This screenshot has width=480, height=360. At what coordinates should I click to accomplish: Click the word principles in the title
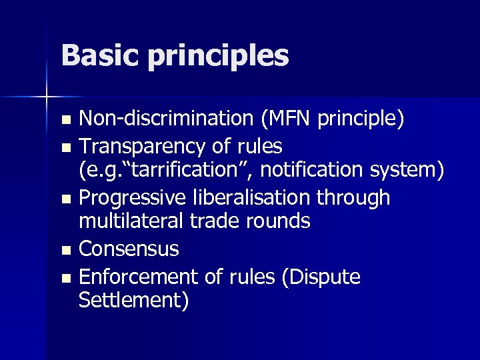[x=218, y=57]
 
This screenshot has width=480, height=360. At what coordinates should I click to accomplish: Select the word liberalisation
[x=257, y=197]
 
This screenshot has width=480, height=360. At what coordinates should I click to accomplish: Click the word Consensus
[x=129, y=249]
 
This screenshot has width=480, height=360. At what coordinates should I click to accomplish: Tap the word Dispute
[x=324, y=276]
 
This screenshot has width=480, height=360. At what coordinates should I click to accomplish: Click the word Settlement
[x=133, y=300]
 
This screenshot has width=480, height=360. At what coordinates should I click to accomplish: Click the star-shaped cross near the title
[x=47, y=97]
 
